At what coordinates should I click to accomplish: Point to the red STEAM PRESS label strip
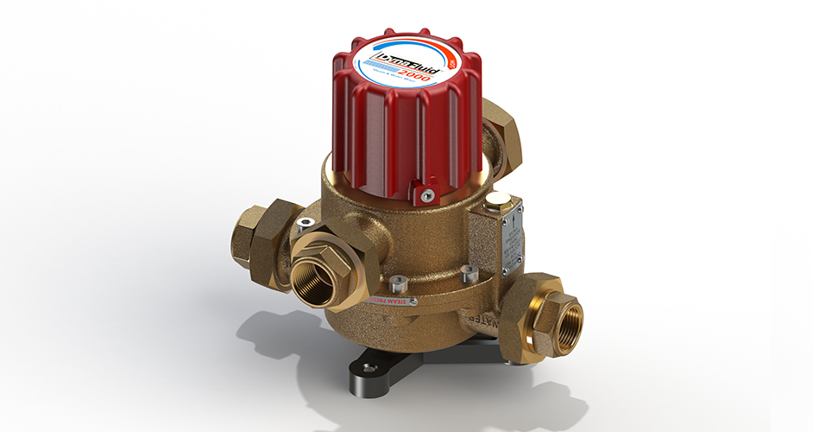389,301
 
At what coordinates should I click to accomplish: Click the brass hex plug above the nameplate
498,202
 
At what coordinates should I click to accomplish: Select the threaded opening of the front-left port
314,280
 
